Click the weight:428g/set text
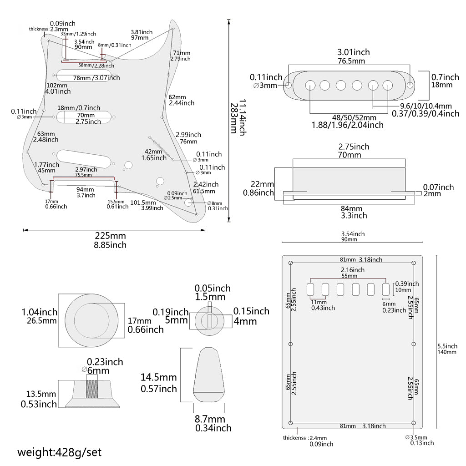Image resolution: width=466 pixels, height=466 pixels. [60, 452]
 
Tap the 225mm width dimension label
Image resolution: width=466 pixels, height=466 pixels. [110, 236]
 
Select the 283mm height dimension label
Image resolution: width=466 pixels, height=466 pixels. [233, 117]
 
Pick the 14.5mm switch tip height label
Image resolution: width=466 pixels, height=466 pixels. [159, 377]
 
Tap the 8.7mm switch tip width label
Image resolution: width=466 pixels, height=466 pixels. [210, 419]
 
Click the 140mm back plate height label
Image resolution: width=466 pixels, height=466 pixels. [446, 352]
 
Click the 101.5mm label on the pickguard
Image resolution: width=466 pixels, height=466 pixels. [143, 203]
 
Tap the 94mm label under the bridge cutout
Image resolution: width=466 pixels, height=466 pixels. [85, 189]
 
